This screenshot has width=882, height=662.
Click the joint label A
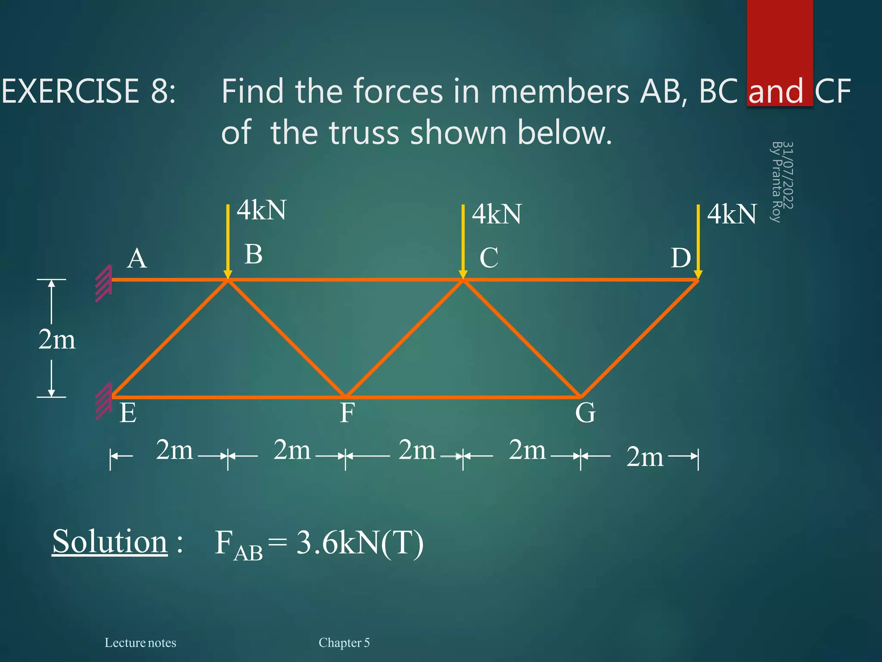click(137, 259)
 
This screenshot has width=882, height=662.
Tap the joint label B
click(253, 254)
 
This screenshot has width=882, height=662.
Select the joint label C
click(489, 258)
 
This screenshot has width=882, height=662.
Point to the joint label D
click(680, 258)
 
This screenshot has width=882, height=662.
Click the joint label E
click(128, 413)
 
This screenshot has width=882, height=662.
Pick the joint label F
click(347, 413)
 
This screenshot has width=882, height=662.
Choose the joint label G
click(585, 412)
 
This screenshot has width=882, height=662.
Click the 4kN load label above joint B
click(262, 210)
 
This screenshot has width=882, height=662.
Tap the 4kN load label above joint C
click(497, 214)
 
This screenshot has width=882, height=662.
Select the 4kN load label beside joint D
click(732, 214)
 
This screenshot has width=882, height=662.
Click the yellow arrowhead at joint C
click(463, 275)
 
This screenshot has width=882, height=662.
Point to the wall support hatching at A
click(103, 283)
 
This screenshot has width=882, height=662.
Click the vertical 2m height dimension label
click(56, 340)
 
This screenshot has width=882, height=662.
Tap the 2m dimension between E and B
click(174, 450)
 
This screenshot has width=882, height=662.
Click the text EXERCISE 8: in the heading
click(89, 91)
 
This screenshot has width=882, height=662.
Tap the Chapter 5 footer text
click(344, 643)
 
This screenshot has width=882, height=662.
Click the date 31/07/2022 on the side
click(787, 175)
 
